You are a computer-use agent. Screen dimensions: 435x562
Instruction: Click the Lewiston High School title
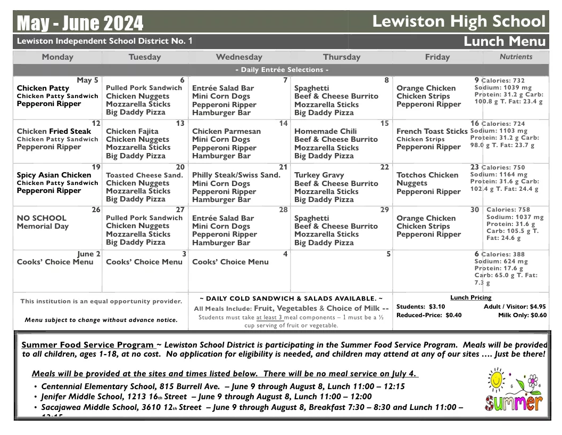459,21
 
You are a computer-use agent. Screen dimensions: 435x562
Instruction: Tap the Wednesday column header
239,57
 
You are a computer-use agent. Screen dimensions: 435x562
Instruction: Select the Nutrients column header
516,57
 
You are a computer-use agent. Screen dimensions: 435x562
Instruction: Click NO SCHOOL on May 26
42,218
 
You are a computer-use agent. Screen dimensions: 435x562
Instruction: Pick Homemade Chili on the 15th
325,131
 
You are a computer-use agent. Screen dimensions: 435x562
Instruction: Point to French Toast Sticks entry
432,131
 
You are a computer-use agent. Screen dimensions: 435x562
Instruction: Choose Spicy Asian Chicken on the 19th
54,175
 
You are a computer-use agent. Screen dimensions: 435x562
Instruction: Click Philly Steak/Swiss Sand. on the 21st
236,175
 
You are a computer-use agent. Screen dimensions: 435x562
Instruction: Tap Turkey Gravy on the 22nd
319,175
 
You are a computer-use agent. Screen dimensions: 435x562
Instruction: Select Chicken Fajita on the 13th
132,131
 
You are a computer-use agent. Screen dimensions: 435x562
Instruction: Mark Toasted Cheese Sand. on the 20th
144,175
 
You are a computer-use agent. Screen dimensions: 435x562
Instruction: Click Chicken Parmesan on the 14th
226,131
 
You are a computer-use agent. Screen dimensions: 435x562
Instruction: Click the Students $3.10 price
420,307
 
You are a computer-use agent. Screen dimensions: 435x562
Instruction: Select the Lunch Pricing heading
470,297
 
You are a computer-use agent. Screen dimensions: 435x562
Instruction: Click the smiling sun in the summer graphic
497,380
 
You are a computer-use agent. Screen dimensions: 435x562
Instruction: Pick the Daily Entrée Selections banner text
282,70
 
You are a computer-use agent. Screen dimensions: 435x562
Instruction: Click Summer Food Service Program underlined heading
88,345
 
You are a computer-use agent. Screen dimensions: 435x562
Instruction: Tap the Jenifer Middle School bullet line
206,397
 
